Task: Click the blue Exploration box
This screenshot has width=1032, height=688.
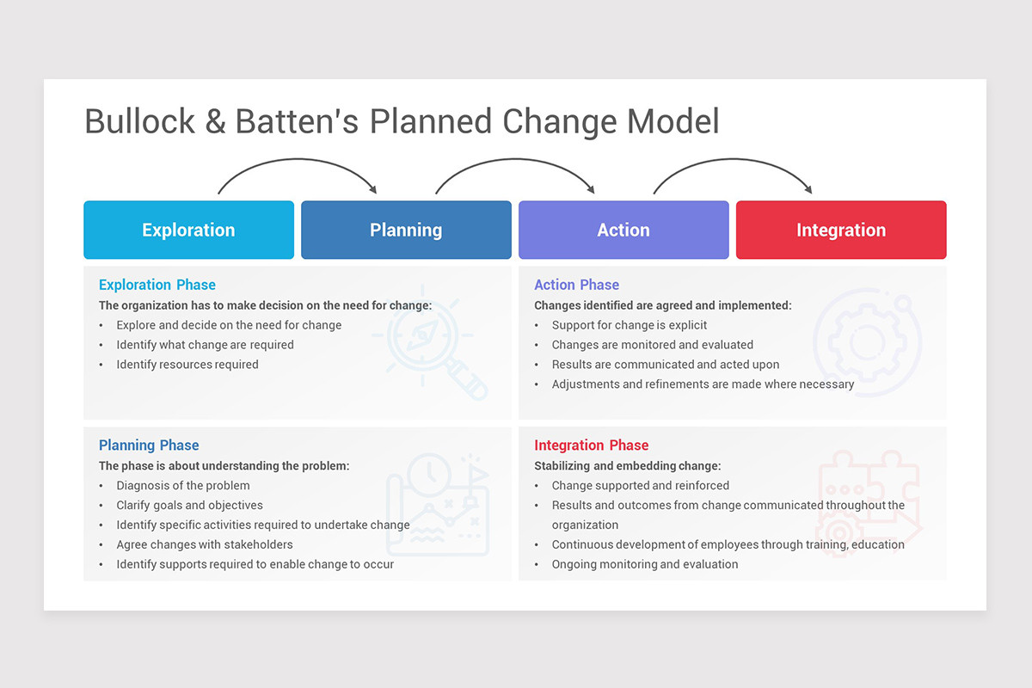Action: (188, 230)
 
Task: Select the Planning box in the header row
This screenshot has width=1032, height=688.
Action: (406, 230)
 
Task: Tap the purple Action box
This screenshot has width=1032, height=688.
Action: (623, 230)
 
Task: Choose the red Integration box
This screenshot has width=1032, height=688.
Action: (841, 230)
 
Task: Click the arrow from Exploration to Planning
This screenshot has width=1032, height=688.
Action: (298, 161)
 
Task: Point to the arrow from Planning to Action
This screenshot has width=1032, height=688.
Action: (514, 161)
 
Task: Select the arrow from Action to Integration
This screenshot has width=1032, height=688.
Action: (732, 161)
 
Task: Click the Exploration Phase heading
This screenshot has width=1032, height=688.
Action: (157, 285)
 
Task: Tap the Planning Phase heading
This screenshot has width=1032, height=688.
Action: (149, 445)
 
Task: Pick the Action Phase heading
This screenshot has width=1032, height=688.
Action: (576, 285)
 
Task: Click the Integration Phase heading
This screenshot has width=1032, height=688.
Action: (592, 445)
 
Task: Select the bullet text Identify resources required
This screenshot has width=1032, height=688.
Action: (187, 364)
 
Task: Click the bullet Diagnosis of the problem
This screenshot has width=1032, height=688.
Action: (183, 485)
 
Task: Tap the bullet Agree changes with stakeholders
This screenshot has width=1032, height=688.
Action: (205, 544)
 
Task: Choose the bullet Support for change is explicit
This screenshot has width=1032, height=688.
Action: (630, 324)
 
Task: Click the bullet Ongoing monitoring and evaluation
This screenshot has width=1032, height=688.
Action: (645, 564)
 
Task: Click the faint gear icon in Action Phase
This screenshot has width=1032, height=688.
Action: (866, 341)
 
